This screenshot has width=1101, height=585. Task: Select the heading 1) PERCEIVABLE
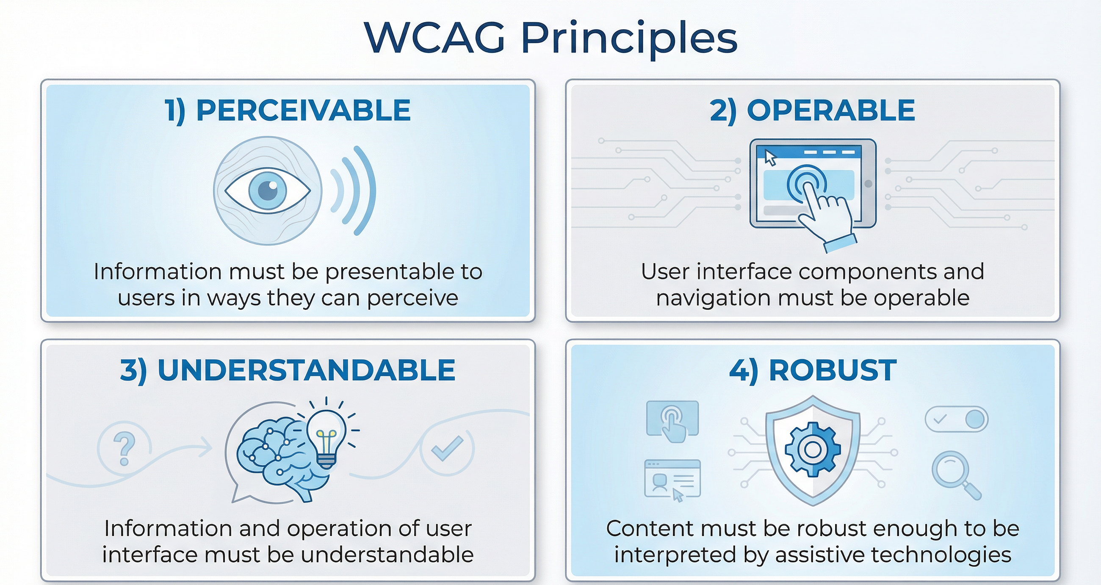[x=288, y=110]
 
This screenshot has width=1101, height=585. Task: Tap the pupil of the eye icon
[x=268, y=190]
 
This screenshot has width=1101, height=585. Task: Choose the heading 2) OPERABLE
[x=812, y=110]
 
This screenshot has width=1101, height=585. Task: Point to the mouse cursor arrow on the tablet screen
[x=770, y=157]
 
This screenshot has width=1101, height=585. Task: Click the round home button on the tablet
[x=868, y=184]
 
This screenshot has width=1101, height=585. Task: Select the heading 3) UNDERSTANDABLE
[x=288, y=370]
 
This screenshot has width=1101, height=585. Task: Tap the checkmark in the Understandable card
[x=447, y=448]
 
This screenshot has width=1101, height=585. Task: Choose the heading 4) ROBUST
[x=813, y=370]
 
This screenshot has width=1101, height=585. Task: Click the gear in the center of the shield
[x=813, y=449]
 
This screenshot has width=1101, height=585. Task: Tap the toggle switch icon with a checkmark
[x=957, y=419]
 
